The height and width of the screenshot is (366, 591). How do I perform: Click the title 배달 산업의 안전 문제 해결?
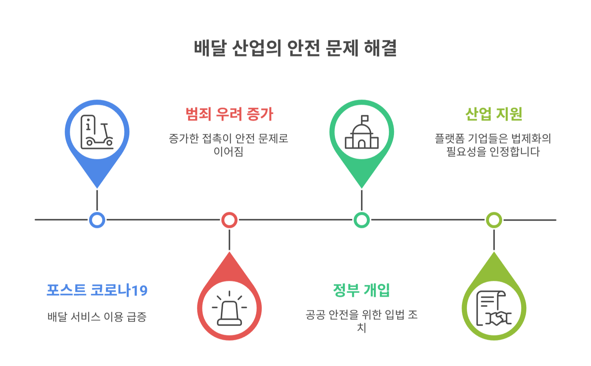tap(295, 48)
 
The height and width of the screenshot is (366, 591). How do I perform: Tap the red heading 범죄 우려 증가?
tap(229, 114)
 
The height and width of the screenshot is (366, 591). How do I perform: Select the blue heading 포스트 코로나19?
tap(97, 290)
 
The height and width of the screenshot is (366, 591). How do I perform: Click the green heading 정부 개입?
tap(361, 290)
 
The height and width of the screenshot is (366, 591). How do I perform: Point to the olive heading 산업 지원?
tap(494, 114)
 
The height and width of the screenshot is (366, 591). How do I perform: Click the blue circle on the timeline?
tap(97, 220)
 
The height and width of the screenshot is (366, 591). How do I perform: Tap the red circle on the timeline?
tap(229, 220)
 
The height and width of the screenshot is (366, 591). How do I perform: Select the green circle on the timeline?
tap(362, 220)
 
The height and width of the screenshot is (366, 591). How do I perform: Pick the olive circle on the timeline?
tap(494, 220)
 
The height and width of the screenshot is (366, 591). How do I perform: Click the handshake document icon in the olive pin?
tap(494, 308)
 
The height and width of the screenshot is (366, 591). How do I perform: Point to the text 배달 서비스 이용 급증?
tap(97, 317)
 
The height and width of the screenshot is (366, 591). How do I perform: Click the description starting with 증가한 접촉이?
tap(229, 145)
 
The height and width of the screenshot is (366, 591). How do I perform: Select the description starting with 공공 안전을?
tap(362, 321)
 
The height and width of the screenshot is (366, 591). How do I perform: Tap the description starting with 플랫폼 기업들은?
tap(493, 145)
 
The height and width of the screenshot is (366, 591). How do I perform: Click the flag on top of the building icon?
tap(365, 119)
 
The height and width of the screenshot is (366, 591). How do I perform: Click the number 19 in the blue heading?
tap(140, 291)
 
